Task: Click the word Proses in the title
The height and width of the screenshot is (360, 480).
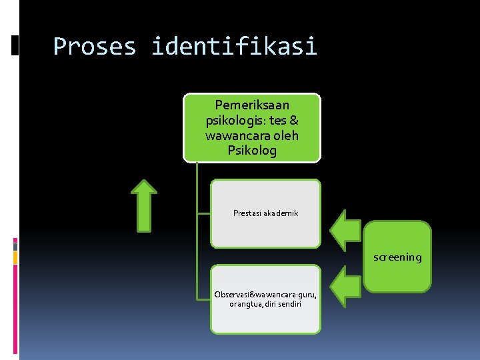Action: coord(94,47)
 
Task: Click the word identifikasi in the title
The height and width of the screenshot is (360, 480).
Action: coord(234,47)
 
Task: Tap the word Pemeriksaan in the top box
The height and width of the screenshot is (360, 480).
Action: coord(252,105)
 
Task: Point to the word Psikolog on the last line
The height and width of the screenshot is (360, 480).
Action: coord(252,150)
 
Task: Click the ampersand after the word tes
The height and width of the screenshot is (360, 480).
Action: coord(293,121)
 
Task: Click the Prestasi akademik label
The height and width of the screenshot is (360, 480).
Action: coord(265,213)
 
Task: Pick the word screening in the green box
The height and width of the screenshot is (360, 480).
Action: coord(397,257)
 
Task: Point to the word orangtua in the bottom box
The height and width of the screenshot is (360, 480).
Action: coord(245,304)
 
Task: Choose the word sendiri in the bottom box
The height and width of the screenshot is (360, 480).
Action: coord(288,304)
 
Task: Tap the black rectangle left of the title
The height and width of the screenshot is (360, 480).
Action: coord(15,45)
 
